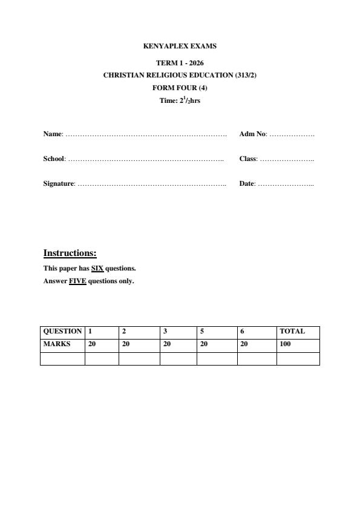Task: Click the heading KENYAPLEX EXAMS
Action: click(x=180, y=46)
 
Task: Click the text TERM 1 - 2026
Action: click(x=180, y=63)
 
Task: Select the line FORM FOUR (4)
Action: click(x=180, y=88)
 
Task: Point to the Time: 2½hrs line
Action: click(x=180, y=100)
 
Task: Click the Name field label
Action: click(x=53, y=134)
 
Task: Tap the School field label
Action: click(x=54, y=159)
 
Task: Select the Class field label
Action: click(x=248, y=159)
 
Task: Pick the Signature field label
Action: click(x=59, y=183)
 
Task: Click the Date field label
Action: click(x=247, y=183)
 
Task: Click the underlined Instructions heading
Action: click(x=70, y=253)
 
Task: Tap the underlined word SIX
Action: click(x=97, y=268)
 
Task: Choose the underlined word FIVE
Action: click(x=77, y=281)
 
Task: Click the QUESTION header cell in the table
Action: click(x=62, y=332)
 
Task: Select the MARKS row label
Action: click(x=56, y=344)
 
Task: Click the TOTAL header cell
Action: click(x=292, y=332)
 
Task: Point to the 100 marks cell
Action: click(x=285, y=344)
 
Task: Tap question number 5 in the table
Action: click(x=202, y=332)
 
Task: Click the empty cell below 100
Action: click(x=298, y=358)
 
